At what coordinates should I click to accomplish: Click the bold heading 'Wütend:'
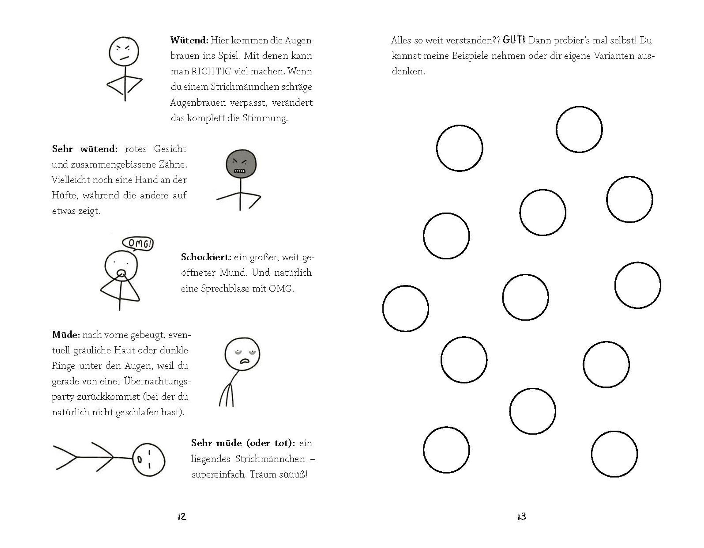tap(189, 40)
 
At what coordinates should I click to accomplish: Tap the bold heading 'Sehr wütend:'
tap(85, 149)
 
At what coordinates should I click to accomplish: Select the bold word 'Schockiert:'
tap(206, 257)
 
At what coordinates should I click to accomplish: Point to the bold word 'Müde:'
tap(66, 335)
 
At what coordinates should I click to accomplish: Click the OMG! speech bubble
tap(138, 244)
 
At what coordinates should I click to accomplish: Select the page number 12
tap(182, 516)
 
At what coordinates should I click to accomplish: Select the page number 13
tap(522, 516)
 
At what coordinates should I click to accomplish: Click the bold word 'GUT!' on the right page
tap(514, 40)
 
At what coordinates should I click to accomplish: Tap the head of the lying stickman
tap(149, 460)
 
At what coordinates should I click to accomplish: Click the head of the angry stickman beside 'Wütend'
tap(124, 52)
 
